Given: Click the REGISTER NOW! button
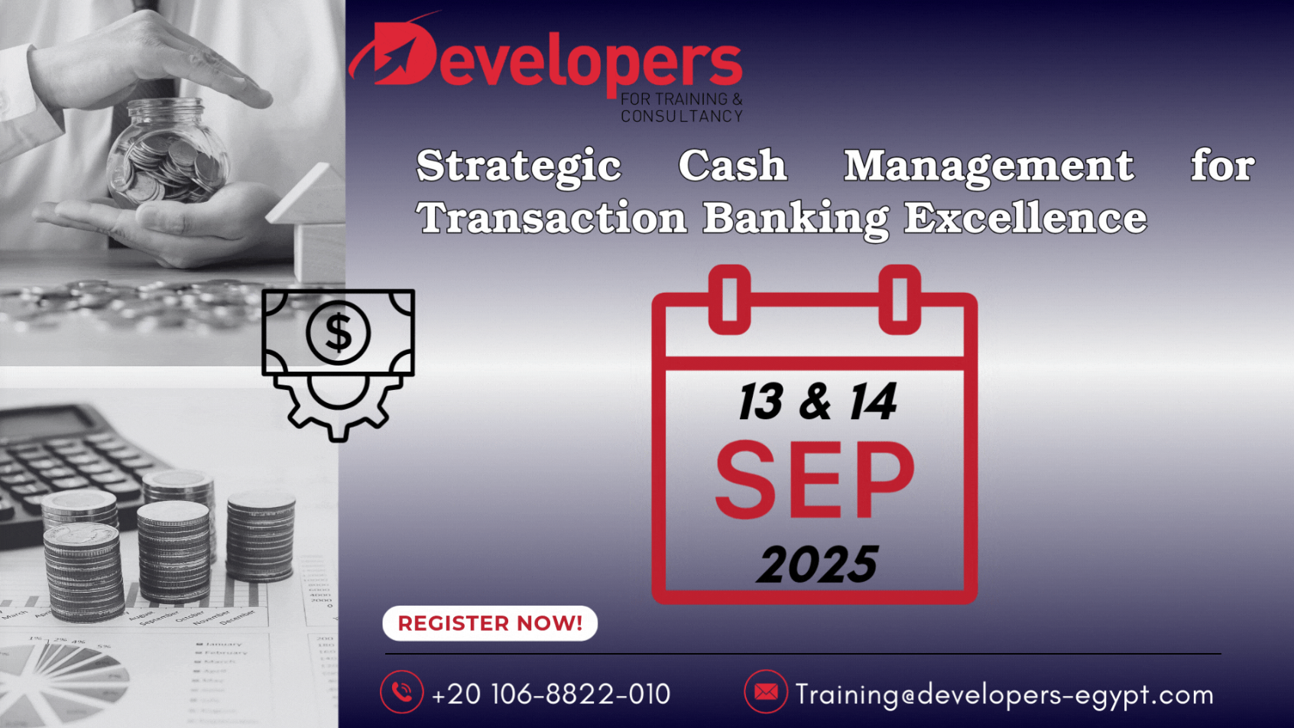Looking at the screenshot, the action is click(490, 622).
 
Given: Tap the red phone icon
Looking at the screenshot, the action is click(401, 691).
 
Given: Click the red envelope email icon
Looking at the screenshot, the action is click(766, 691).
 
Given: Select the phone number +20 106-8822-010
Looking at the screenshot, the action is click(551, 694).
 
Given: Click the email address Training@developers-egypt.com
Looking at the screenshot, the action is click(1004, 694).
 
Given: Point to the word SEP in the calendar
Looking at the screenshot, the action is click(815, 479).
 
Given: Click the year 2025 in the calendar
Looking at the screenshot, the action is click(817, 564).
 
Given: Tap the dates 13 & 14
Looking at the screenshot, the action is click(817, 401).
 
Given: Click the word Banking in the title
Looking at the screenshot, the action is click(796, 219).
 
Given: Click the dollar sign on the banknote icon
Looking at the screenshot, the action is click(339, 332).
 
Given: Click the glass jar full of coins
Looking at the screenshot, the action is click(167, 154).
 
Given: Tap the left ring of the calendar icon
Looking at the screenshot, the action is click(730, 299).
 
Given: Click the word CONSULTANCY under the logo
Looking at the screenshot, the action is click(682, 116).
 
